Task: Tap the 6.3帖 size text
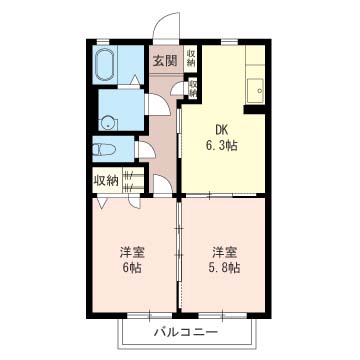pyautogui.click(x=223, y=146)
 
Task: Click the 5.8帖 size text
pyautogui.click(x=224, y=268)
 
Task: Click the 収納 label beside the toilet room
pyautogui.click(x=106, y=180)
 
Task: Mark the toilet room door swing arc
pyautogui.click(x=141, y=148)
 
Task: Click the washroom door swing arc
pyautogui.click(x=154, y=105)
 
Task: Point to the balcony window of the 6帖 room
pyautogui.click(x=131, y=316)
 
